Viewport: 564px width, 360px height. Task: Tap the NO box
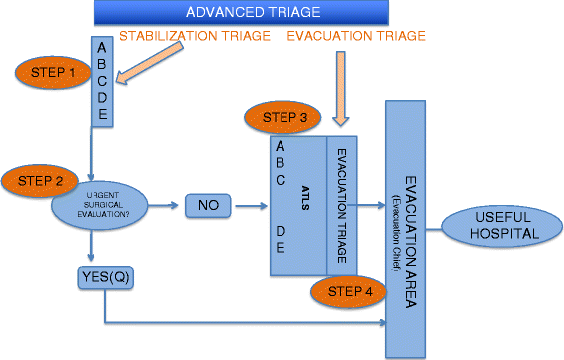tap(209, 207)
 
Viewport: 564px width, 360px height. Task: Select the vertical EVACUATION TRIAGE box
tap(341, 206)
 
